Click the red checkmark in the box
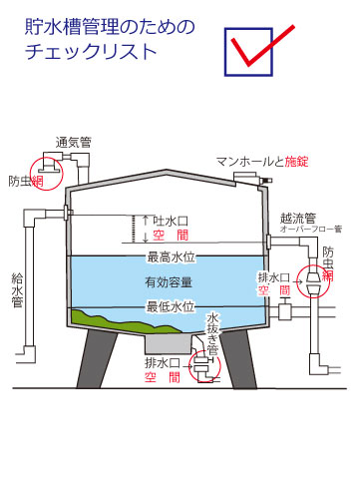pos(261,45)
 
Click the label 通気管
pos(74,141)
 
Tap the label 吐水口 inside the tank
pos(159,220)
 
